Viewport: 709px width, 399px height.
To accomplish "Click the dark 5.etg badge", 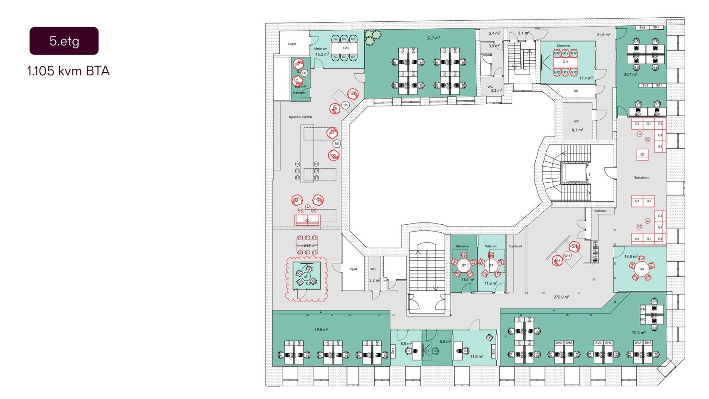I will coord(64,41).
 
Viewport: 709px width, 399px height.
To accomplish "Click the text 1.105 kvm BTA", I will coord(68,71).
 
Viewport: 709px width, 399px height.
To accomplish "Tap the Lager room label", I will coord(292,43).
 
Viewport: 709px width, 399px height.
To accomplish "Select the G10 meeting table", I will coord(346,48).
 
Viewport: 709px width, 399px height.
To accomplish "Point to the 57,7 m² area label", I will coord(433,38).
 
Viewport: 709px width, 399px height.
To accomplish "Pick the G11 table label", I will coord(565,62).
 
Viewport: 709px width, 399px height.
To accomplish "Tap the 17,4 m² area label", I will coord(586,78).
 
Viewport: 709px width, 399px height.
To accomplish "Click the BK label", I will coord(576,91).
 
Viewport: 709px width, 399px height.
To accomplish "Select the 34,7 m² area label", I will coord(630,74).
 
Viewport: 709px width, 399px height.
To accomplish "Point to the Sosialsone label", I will coord(641,177).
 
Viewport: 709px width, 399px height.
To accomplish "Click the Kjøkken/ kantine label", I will coord(300,117).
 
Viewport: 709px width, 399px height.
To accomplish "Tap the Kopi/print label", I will coord(515,246).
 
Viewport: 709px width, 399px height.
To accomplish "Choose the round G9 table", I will coord(641,269).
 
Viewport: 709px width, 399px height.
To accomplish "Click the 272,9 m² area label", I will coord(561,297).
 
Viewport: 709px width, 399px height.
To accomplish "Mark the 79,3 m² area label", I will coord(639,332).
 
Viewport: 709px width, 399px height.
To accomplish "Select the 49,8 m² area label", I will coord(321,329).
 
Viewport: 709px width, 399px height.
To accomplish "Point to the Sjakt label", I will coord(353,269).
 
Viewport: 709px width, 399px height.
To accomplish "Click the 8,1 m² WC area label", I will coord(577,130).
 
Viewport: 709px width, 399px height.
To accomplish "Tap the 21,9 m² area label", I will coord(603,35).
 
